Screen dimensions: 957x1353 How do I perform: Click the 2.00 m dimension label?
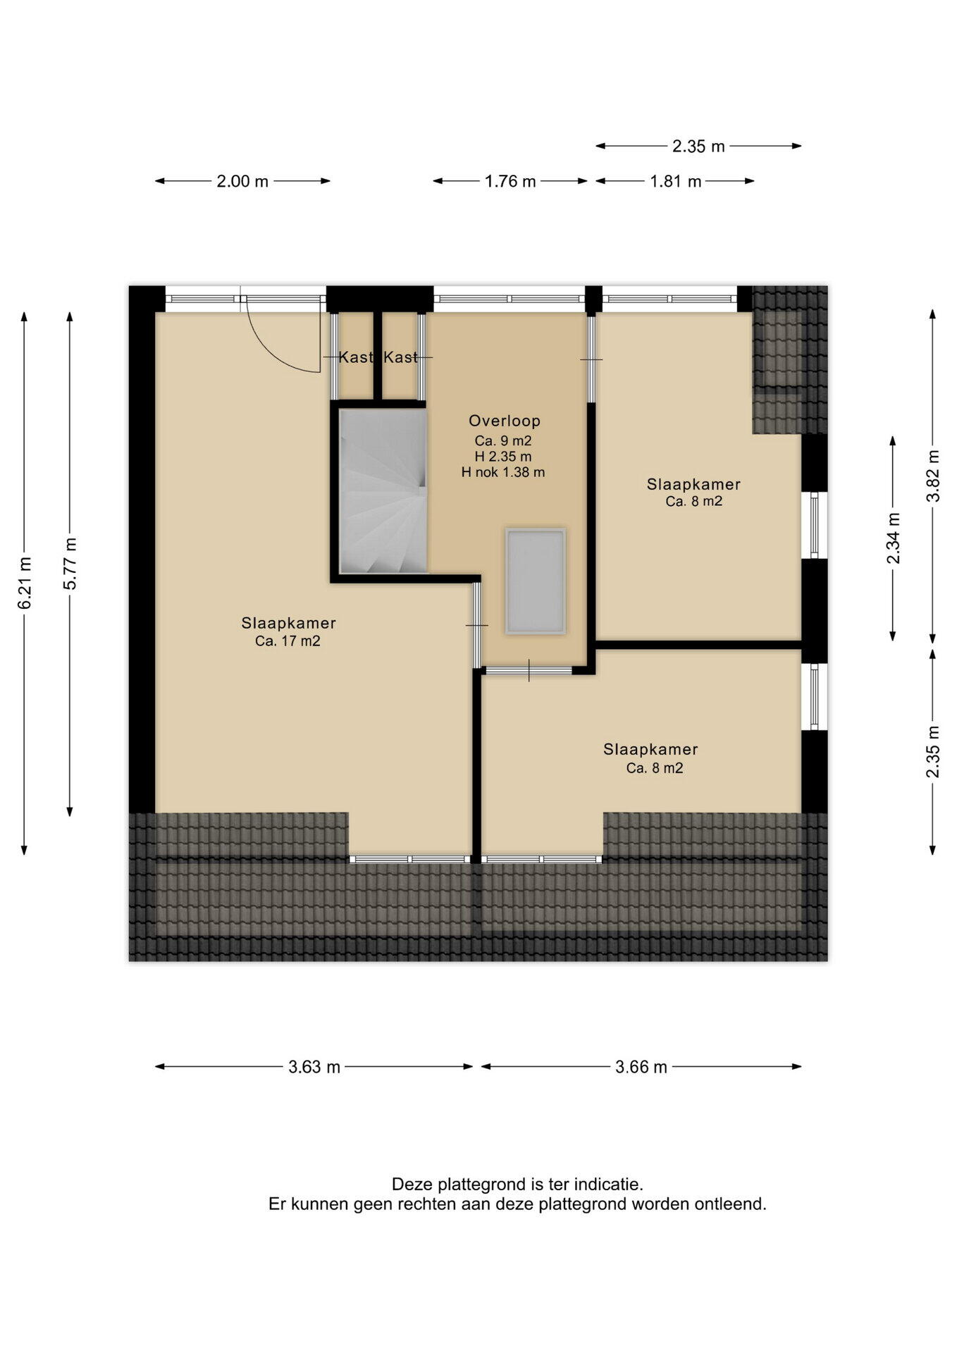point(242,181)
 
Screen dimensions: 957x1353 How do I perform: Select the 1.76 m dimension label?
point(510,181)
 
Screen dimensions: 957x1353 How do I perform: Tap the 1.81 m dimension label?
point(675,181)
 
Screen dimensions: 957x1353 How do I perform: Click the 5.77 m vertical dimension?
point(70,564)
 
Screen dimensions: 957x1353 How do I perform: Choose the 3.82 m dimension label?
point(933,476)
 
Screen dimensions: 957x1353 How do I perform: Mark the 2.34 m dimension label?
point(893,538)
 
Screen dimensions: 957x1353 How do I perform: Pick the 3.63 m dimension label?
point(314,1067)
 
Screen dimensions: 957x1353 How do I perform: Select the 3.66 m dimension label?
point(641,1067)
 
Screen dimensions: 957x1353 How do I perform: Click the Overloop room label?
point(505,421)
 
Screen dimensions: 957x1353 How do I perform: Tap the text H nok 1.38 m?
point(503,472)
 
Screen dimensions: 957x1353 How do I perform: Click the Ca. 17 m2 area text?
point(288,641)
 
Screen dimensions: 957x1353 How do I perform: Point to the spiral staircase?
point(383,491)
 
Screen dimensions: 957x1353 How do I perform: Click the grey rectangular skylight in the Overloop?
point(536,581)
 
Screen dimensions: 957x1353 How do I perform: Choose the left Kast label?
point(356,357)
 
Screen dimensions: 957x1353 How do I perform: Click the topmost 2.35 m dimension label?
point(698,146)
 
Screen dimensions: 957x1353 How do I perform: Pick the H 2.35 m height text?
point(503,457)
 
